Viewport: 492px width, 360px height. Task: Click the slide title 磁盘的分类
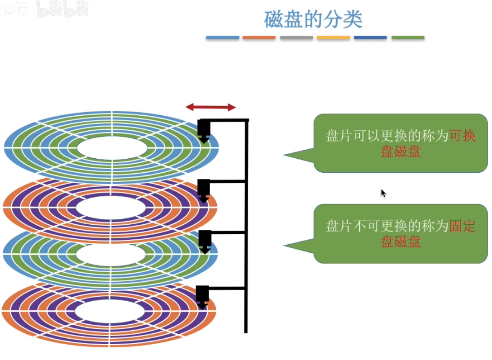tap(313, 19)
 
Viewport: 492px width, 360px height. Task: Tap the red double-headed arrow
tap(210, 107)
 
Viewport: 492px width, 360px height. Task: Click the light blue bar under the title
tap(222, 38)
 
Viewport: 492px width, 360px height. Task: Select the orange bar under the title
tap(259, 38)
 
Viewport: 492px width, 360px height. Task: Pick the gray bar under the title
tap(296, 38)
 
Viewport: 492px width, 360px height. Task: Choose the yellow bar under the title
tap(333, 38)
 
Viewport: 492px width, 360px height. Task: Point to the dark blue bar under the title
tap(370, 38)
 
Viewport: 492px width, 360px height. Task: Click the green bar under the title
tap(408, 38)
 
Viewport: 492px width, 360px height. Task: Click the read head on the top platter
tap(204, 130)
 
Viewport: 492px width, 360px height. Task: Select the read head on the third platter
tap(205, 241)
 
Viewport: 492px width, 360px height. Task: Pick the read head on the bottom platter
tap(202, 297)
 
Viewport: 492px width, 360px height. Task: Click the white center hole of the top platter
tap(112, 148)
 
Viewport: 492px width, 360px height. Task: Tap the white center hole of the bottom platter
tap(110, 312)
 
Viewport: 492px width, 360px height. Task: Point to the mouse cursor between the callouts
tap(383, 193)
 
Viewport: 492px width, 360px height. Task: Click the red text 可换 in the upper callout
tap(462, 136)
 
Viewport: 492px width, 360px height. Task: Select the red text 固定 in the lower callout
tap(462, 226)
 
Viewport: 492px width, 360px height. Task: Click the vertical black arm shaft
tap(246, 226)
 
